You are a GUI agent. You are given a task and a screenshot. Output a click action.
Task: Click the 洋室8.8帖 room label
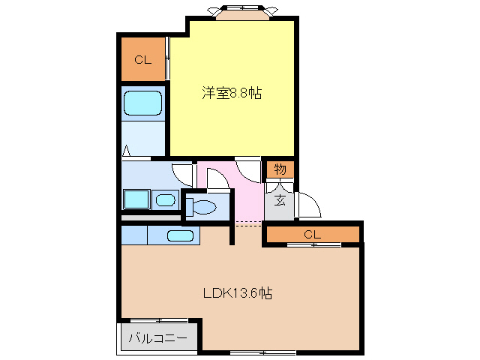click(231, 94)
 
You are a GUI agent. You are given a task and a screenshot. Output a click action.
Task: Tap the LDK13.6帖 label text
click(237, 293)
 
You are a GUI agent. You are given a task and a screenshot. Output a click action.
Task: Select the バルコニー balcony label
click(157, 338)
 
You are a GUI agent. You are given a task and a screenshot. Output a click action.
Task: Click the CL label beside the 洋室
click(143, 60)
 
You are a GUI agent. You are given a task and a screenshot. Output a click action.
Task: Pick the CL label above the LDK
click(313, 235)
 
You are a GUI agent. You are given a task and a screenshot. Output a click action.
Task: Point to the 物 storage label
click(280, 169)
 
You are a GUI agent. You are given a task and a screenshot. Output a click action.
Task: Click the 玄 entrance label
click(279, 199)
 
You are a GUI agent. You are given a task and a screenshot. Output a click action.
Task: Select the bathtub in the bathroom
click(142, 104)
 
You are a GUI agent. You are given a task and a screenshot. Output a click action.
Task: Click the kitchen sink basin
click(181, 235)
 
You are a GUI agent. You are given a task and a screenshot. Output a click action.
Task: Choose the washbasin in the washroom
click(165, 199)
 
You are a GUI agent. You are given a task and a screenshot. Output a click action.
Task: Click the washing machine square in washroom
click(136, 199)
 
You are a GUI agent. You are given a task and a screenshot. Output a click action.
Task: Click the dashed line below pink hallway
click(248, 223)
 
